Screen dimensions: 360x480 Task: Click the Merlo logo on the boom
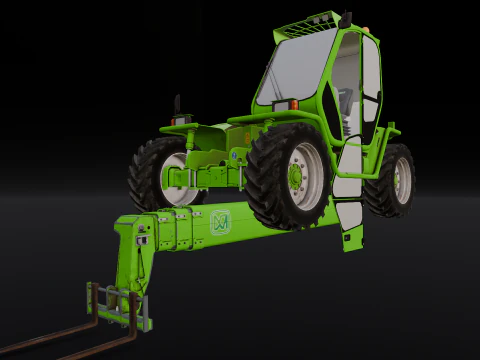click(220, 221)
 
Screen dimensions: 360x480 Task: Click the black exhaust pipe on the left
click(178, 104)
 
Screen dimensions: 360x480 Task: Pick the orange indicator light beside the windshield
click(292, 103)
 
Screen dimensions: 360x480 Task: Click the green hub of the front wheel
click(297, 173)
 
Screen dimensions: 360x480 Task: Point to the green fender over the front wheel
click(270, 125)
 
